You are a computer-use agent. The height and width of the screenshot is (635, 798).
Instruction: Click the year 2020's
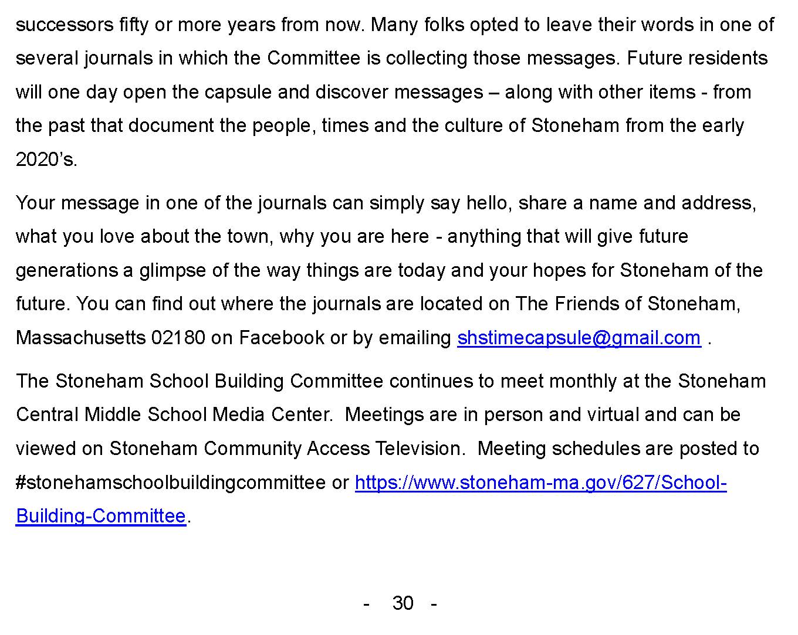coord(46,159)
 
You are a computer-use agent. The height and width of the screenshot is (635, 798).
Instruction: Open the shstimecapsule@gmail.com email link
coord(579,338)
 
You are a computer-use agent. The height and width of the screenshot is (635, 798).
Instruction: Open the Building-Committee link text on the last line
coord(101,516)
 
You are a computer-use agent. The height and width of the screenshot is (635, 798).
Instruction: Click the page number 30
coord(403,603)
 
